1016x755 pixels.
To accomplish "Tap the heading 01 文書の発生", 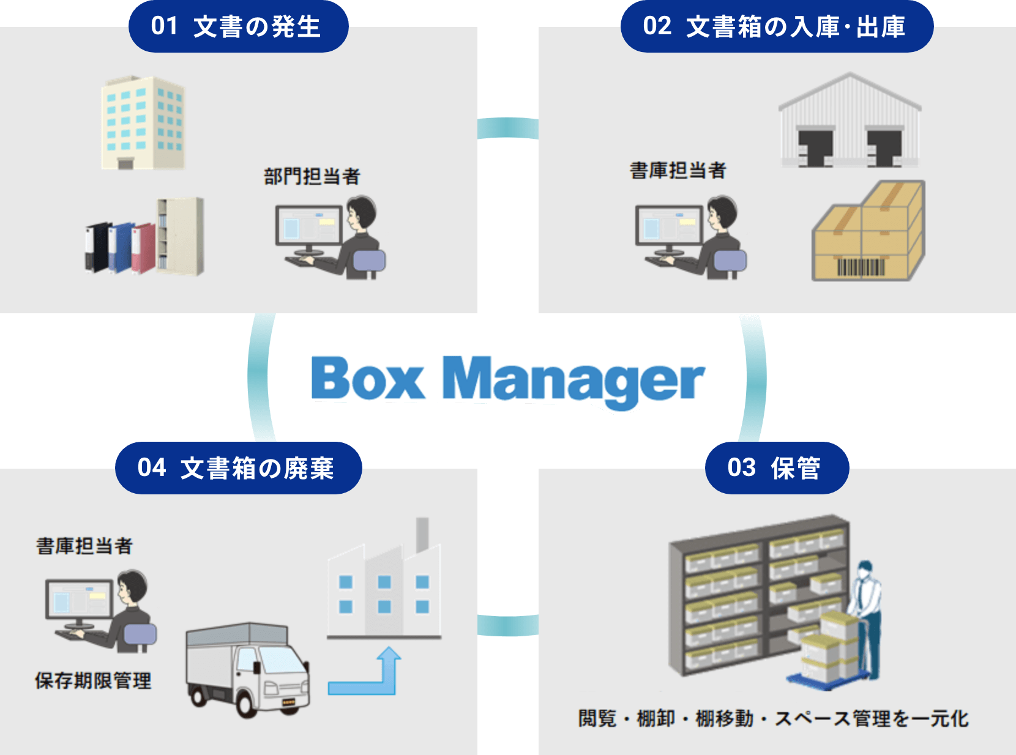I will [x=237, y=27].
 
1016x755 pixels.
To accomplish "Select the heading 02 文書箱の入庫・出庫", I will [x=776, y=27].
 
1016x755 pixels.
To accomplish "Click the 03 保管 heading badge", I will [x=776, y=468].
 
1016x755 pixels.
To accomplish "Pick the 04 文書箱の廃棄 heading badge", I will [x=237, y=468].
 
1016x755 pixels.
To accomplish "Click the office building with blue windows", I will [x=143, y=122].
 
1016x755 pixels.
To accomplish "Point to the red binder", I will [x=143, y=247].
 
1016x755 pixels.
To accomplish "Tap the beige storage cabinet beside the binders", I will [x=181, y=236].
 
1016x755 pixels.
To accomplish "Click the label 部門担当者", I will [x=312, y=177].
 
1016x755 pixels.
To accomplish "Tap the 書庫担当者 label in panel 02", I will [x=678, y=171].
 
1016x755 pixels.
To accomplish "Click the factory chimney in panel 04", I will [x=422, y=534].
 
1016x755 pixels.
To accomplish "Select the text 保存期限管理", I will [x=93, y=680].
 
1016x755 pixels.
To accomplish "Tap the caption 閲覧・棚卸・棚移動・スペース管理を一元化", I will [x=773, y=718].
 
